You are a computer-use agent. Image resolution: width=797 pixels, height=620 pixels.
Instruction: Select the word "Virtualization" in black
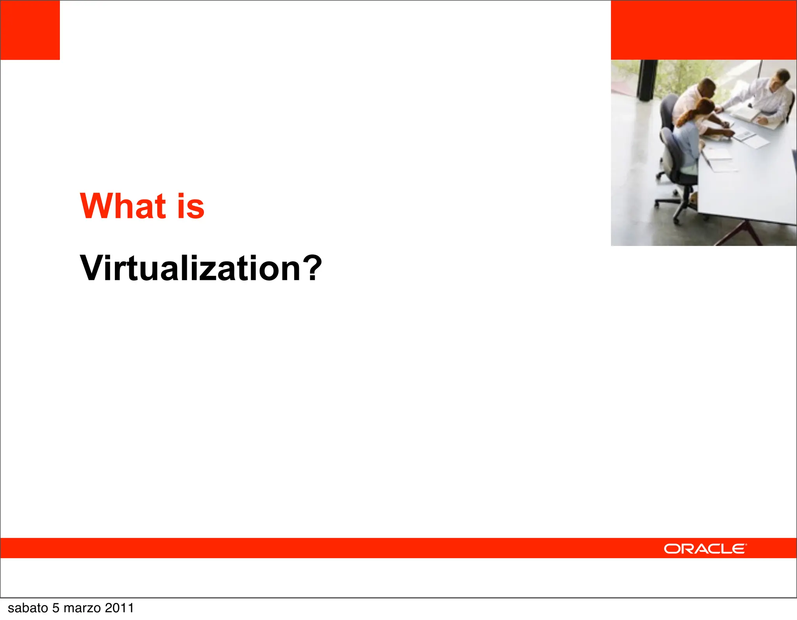(x=190, y=268)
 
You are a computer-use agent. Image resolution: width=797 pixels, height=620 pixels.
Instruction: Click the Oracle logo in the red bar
(x=705, y=549)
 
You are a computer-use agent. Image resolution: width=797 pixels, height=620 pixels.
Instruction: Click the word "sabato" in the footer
(x=28, y=608)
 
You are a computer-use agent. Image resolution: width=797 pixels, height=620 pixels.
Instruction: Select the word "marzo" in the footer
(x=82, y=608)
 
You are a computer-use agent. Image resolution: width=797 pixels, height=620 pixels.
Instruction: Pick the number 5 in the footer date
(x=56, y=608)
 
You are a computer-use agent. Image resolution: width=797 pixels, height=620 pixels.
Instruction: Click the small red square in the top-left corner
(x=30, y=30)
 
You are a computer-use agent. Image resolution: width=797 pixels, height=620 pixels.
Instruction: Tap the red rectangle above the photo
(x=704, y=30)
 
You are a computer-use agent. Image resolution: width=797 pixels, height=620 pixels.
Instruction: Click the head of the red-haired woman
(x=704, y=108)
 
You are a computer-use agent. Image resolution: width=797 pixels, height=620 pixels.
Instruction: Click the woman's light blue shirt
(x=688, y=142)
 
